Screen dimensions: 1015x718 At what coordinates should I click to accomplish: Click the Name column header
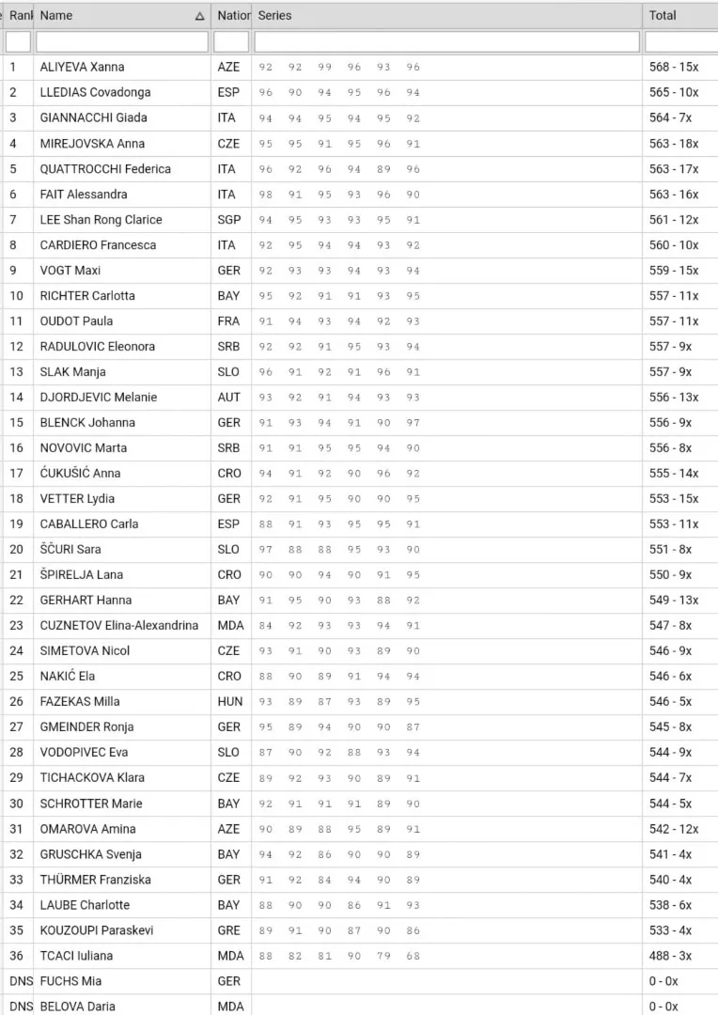point(56,15)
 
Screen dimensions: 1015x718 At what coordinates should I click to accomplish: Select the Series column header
point(274,15)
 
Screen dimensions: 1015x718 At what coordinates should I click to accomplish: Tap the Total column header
point(663,15)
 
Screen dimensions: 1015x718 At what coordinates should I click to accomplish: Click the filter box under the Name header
point(122,41)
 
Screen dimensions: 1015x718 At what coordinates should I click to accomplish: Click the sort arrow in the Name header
point(199,16)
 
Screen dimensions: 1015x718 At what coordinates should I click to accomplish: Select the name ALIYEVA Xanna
point(82,67)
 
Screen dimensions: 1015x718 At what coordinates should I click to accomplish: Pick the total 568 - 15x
point(674,67)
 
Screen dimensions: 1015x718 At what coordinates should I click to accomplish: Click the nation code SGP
point(228,219)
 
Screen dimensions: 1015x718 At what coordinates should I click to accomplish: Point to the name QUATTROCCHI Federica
point(105,168)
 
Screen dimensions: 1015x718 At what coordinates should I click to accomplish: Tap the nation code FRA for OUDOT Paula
point(228,320)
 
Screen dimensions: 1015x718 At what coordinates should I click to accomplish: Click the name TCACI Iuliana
point(76,955)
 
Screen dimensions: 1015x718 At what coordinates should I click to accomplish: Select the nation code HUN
point(229,701)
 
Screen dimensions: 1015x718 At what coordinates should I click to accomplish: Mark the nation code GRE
point(228,929)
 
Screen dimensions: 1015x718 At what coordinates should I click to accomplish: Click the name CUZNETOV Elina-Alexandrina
point(119,625)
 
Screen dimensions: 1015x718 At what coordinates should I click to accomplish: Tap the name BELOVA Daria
point(78,1006)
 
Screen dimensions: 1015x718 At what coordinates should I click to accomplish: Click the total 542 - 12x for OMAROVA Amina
point(674,828)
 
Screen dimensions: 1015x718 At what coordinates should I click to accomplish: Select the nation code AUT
point(228,397)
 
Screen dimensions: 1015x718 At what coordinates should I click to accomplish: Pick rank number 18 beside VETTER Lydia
point(16,498)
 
